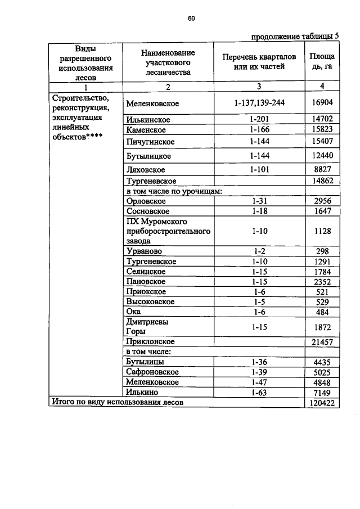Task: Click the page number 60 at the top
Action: pos(191,19)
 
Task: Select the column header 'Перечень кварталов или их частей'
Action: pos(259,62)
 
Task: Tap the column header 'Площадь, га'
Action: pos(322,62)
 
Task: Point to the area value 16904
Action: pos(322,104)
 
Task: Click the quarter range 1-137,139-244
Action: pos(259,104)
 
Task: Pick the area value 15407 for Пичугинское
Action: pos(322,141)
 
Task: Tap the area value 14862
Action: pos(322,181)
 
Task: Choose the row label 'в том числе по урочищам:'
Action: pos(174,191)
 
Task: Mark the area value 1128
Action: pos(322,231)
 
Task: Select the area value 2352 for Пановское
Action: pos(322,282)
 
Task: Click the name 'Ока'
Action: pos(134,312)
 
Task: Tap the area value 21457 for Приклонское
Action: pos(322,341)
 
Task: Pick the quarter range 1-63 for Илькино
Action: pos(259,392)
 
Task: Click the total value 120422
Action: pos(322,403)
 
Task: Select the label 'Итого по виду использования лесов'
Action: pos(118,403)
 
